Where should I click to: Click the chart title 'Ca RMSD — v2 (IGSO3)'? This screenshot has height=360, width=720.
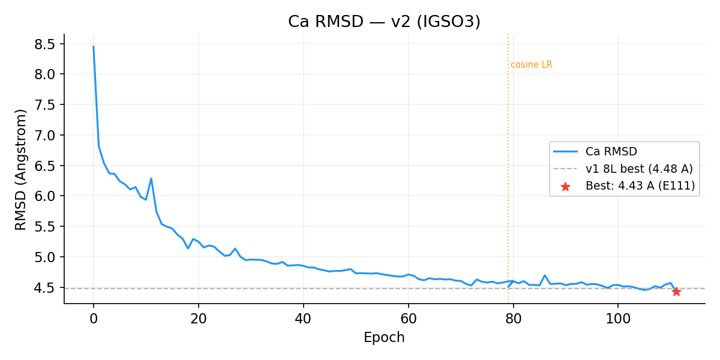[x=384, y=22]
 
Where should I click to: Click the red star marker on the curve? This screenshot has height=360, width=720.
[x=676, y=292]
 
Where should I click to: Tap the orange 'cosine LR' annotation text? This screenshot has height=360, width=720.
[x=531, y=65]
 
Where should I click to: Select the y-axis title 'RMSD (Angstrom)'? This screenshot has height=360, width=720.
[x=22, y=169]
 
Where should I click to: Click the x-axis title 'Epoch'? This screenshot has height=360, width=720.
[x=384, y=338]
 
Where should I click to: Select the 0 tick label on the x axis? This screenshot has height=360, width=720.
[x=94, y=318]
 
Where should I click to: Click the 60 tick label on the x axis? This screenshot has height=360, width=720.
[x=408, y=318]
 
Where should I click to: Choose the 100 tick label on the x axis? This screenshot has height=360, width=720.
[x=618, y=318]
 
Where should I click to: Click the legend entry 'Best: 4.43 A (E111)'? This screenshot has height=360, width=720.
[x=640, y=186]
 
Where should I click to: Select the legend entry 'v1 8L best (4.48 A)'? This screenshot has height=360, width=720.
[x=639, y=169]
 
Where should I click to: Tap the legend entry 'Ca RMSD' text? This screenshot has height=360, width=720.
[x=611, y=151]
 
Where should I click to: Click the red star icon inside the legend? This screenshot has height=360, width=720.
[x=565, y=187]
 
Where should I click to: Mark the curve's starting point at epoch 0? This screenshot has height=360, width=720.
[x=94, y=46]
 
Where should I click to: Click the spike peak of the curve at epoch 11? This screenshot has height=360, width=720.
[x=151, y=178]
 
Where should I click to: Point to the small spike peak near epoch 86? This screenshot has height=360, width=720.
[x=545, y=275]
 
